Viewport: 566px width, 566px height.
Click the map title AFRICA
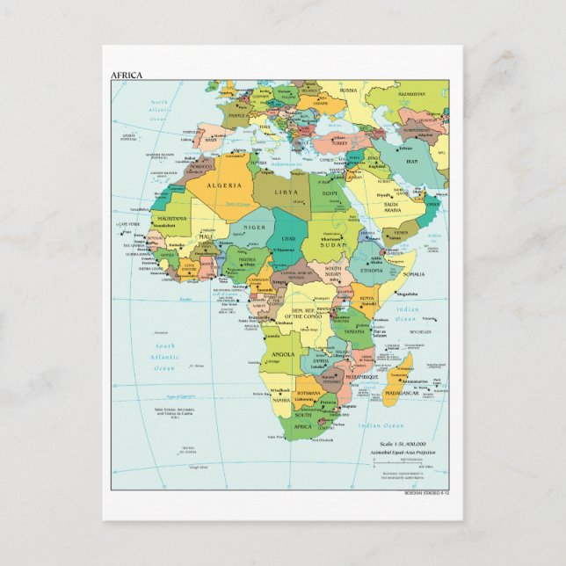pyautogui.click(x=125, y=75)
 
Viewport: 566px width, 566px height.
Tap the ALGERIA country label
pyautogui.click(x=224, y=185)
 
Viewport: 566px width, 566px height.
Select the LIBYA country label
pyautogui.click(x=287, y=191)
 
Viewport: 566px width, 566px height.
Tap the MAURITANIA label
pyautogui.click(x=171, y=218)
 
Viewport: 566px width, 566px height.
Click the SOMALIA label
pyautogui.click(x=414, y=274)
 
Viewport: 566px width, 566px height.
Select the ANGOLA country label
pyautogui.click(x=284, y=354)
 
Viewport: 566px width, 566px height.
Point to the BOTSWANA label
pyautogui.click(x=308, y=393)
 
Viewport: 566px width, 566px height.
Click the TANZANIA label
pyautogui.click(x=354, y=331)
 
